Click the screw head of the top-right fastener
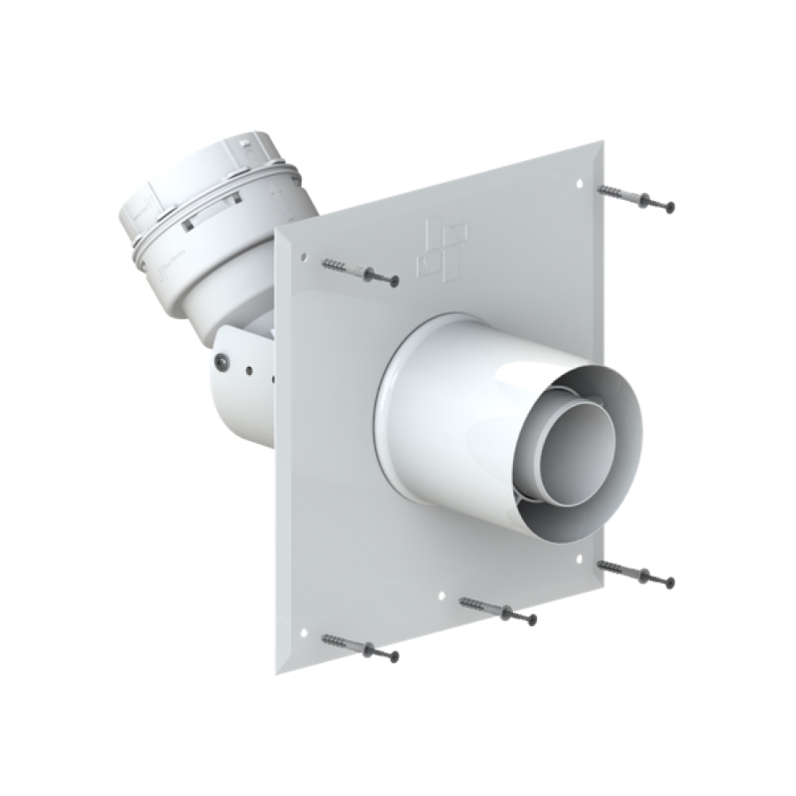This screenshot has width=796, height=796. pyautogui.click(x=670, y=207)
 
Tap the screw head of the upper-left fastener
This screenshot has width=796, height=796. pyautogui.click(x=393, y=281)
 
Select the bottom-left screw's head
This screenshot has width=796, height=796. pyautogui.click(x=393, y=656)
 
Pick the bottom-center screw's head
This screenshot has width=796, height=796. pyautogui.click(x=532, y=621)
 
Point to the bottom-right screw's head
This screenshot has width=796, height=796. pyautogui.click(x=670, y=582)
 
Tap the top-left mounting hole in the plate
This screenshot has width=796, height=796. pyautogui.click(x=303, y=257)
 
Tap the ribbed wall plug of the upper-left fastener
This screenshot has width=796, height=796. pyautogui.click(x=340, y=266)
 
